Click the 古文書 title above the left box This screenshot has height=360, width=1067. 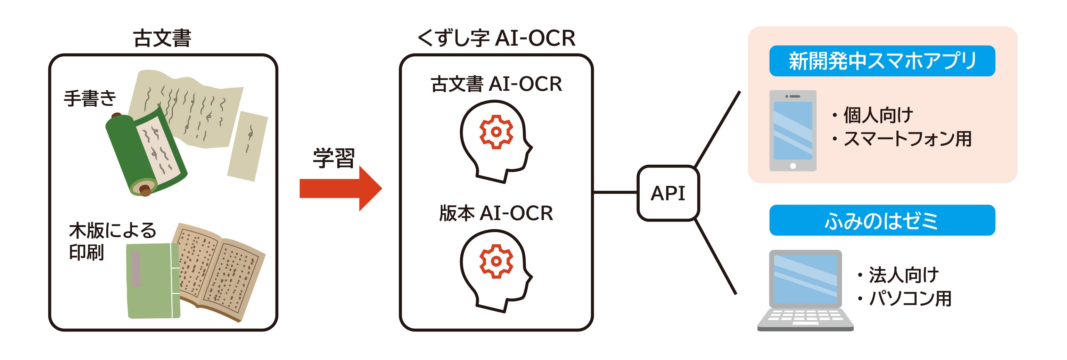click(x=162, y=38)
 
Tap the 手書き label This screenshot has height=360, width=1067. click(x=90, y=99)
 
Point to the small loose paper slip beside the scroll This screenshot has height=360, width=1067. click(x=247, y=146)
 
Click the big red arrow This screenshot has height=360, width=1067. click(x=340, y=188)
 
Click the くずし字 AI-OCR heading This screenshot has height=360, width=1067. click(x=496, y=38)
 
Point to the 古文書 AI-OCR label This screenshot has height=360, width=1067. click(x=496, y=84)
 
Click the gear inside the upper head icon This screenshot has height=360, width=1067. click(x=496, y=132)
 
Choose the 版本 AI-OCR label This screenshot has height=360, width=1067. click(x=496, y=213)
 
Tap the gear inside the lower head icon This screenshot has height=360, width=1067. click(x=496, y=261)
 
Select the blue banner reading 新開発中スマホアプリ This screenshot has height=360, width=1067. click(x=882, y=61)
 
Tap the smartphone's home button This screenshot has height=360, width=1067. click(x=793, y=166)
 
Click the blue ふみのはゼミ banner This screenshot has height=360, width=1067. click(x=882, y=220)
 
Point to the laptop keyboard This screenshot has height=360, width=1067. click(x=805, y=317)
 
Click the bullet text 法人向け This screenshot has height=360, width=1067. click(x=903, y=275)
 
